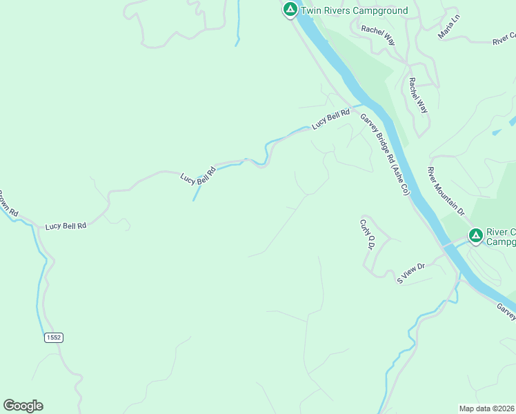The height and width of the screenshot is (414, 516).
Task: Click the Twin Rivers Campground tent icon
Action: coord(290,10)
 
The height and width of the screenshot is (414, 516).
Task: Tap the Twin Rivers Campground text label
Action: coord(354,10)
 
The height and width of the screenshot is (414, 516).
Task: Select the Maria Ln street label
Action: coord(448,27)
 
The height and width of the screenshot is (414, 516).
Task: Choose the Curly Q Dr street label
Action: coord(366,235)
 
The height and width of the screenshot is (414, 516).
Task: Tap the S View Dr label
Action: coord(410,272)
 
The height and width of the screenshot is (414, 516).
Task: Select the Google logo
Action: coord(23,406)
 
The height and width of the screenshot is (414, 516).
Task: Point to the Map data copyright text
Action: coord(486,408)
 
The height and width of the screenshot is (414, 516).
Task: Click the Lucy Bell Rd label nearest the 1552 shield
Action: coord(66,226)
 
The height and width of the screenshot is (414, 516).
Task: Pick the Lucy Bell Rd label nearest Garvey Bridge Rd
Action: coord(326,121)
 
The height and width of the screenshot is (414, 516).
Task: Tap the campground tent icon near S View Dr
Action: coord(475,236)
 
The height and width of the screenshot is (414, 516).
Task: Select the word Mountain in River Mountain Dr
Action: coord(445,190)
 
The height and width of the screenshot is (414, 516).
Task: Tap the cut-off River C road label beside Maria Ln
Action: coord(504,39)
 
